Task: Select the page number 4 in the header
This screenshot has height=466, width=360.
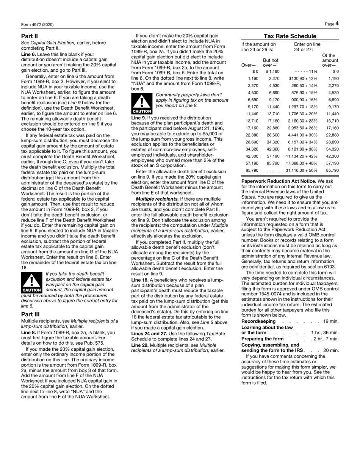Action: (337, 24)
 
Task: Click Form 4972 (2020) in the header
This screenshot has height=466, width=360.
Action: (37, 25)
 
